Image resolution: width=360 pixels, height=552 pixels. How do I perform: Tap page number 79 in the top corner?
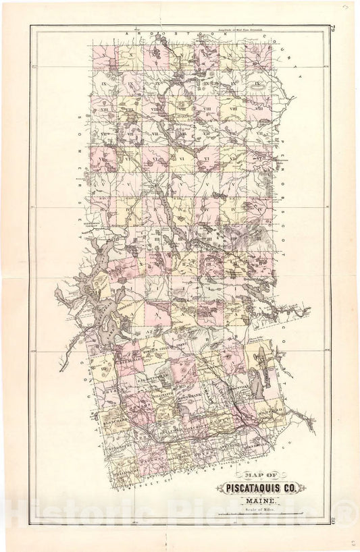point(335,28)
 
